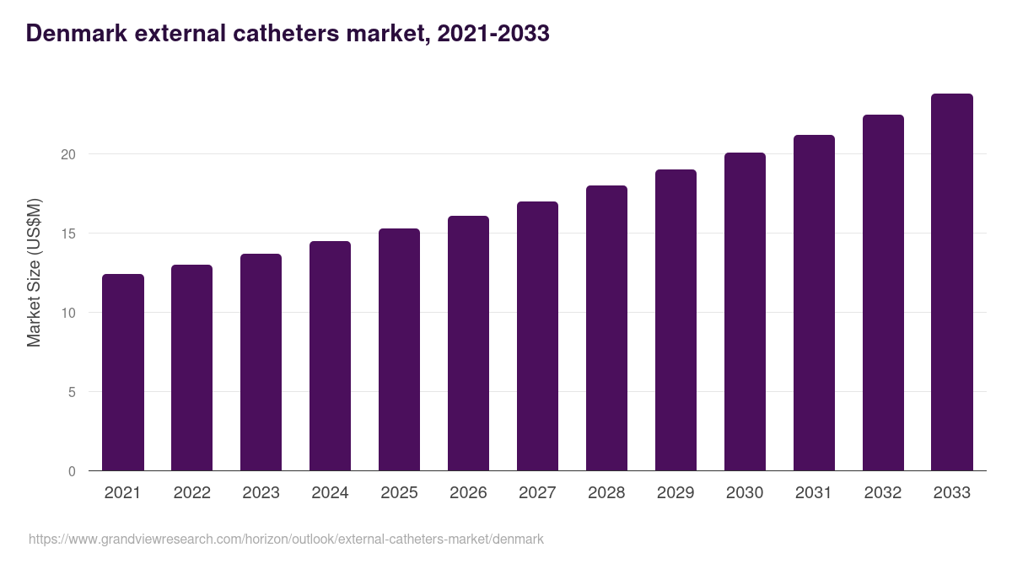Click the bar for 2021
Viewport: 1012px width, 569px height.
coord(123,373)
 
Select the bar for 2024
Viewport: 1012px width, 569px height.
coord(330,356)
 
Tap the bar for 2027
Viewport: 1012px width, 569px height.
coord(537,336)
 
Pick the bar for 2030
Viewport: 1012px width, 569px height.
coord(745,312)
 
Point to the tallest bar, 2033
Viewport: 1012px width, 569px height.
coord(952,282)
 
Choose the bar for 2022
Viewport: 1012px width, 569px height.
coord(191,368)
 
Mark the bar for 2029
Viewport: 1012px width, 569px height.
coord(676,320)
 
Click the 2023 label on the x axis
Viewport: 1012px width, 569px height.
coord(261,493)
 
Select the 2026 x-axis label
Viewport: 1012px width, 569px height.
coord(468,493)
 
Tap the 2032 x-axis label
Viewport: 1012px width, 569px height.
coord(883,493)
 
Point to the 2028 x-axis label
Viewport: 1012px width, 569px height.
coord(606,493)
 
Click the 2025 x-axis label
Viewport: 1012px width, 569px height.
coord(399,493)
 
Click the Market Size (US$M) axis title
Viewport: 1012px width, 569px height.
coord(34,272)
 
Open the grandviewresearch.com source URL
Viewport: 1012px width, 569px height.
coord(286,539)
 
